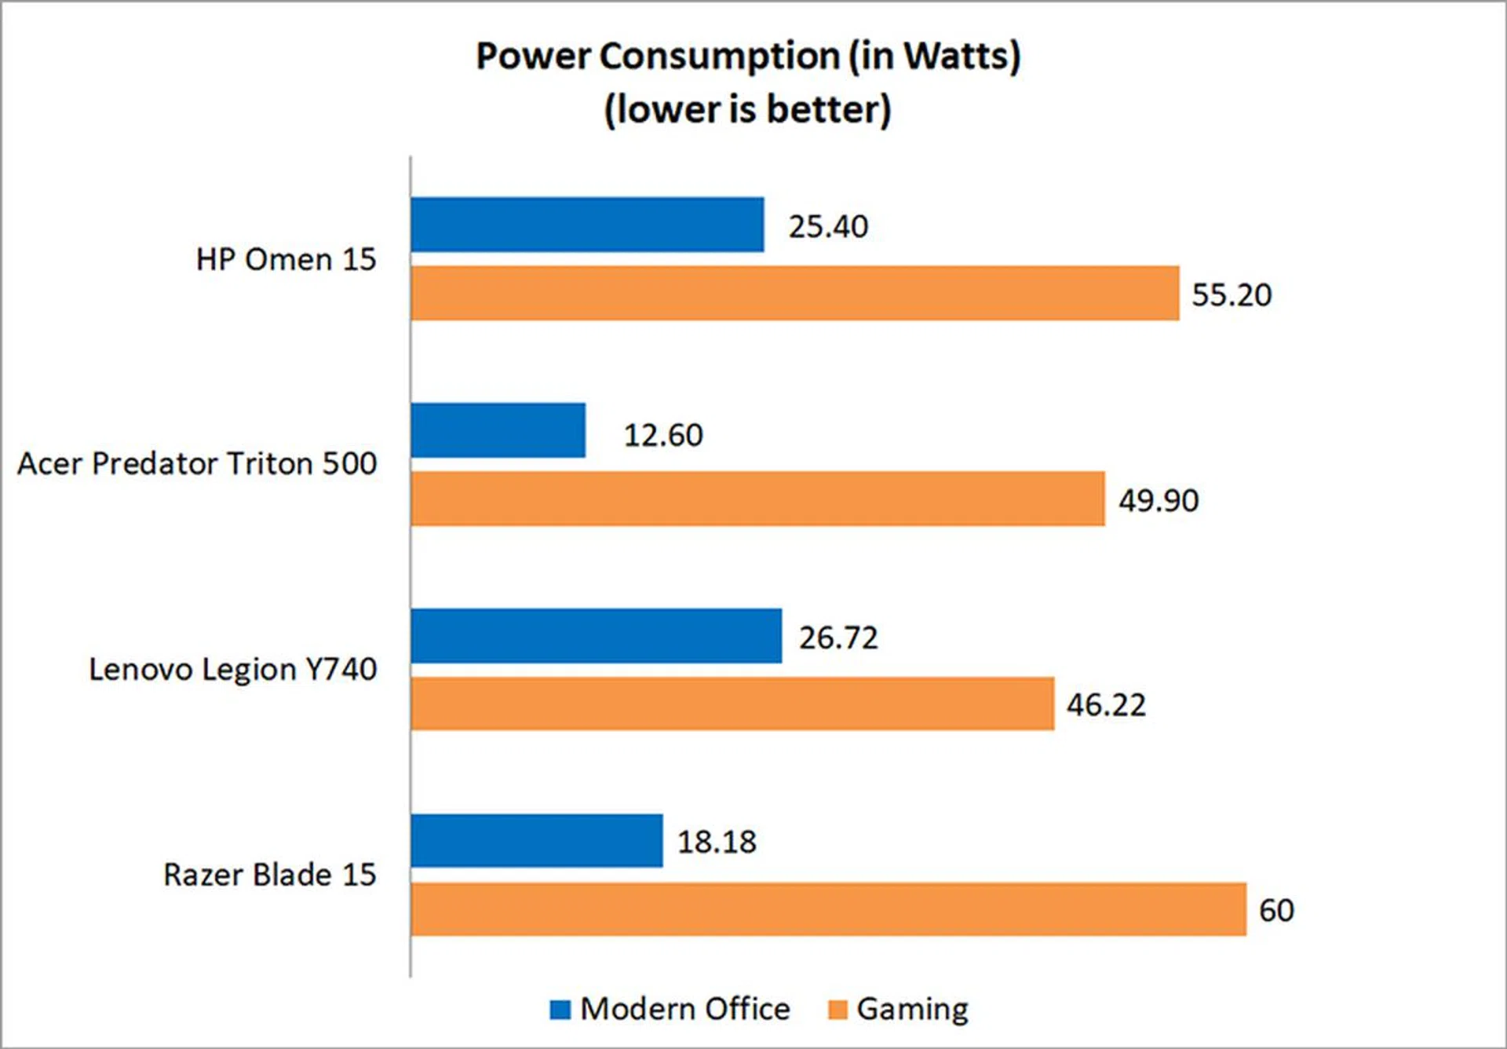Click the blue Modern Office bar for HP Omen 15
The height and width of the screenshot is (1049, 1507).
587,225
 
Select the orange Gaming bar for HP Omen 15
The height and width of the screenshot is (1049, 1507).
794,293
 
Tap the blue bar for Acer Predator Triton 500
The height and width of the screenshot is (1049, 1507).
498,430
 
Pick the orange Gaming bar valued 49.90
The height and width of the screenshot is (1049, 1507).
757,499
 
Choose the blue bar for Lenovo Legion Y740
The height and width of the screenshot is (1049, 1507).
596,636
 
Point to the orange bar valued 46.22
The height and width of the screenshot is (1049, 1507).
732,704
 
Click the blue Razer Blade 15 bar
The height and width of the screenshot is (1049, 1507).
536,841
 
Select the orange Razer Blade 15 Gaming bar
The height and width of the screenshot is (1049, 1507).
828,909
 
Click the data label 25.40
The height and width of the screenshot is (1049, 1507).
828,227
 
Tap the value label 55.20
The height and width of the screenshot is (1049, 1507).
1232,295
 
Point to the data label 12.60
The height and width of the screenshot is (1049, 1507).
663,435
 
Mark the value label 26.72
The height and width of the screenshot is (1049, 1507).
838,638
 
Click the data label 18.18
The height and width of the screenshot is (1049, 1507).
717,842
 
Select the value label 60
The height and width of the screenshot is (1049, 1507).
1276,910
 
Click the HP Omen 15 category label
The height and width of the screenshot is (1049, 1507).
286,259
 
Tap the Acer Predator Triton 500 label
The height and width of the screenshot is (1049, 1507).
197,463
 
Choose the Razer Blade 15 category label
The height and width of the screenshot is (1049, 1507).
269,875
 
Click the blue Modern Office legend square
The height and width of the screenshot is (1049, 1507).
560,1010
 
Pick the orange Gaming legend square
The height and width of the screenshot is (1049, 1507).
838,1010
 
